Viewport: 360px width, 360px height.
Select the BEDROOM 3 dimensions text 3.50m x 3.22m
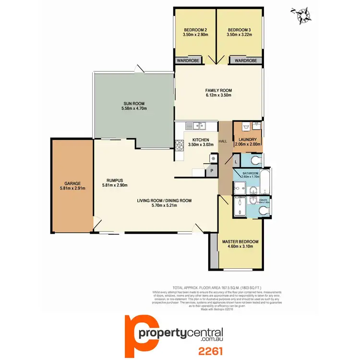pos(240,35)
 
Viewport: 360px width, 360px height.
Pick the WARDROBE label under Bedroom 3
pos(246,61)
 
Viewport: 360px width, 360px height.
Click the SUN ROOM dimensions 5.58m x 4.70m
pos(134,109)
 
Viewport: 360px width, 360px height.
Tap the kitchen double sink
pos(196,126)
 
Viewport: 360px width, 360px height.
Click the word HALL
pos(223,141)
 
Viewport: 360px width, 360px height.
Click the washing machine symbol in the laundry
pos(256,127)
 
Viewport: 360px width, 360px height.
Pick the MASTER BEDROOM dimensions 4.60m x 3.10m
pos(240,247)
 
